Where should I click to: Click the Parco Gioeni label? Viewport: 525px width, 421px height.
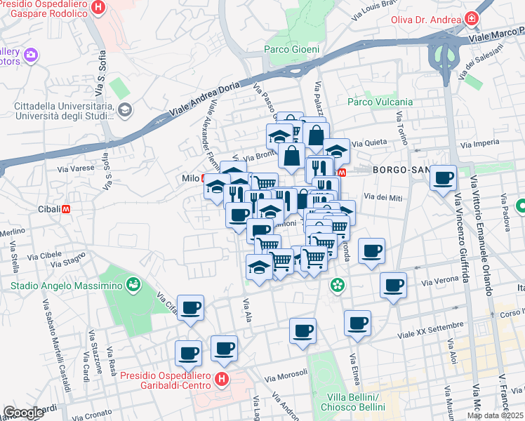coord(291,49)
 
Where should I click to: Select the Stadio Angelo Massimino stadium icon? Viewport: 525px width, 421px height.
coord(131,284)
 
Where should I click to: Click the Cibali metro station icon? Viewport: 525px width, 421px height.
coord(67,208)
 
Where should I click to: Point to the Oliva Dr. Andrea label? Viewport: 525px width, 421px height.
coord(427,20)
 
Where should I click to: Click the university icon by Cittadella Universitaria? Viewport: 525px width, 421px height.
coord(125,109)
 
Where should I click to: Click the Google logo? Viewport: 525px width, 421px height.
coord(23,413)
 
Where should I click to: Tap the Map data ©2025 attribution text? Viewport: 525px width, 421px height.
coord(496,415)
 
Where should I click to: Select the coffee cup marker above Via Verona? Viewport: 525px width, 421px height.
coord(394,285)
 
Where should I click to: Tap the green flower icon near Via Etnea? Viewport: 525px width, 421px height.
coord(338,285)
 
